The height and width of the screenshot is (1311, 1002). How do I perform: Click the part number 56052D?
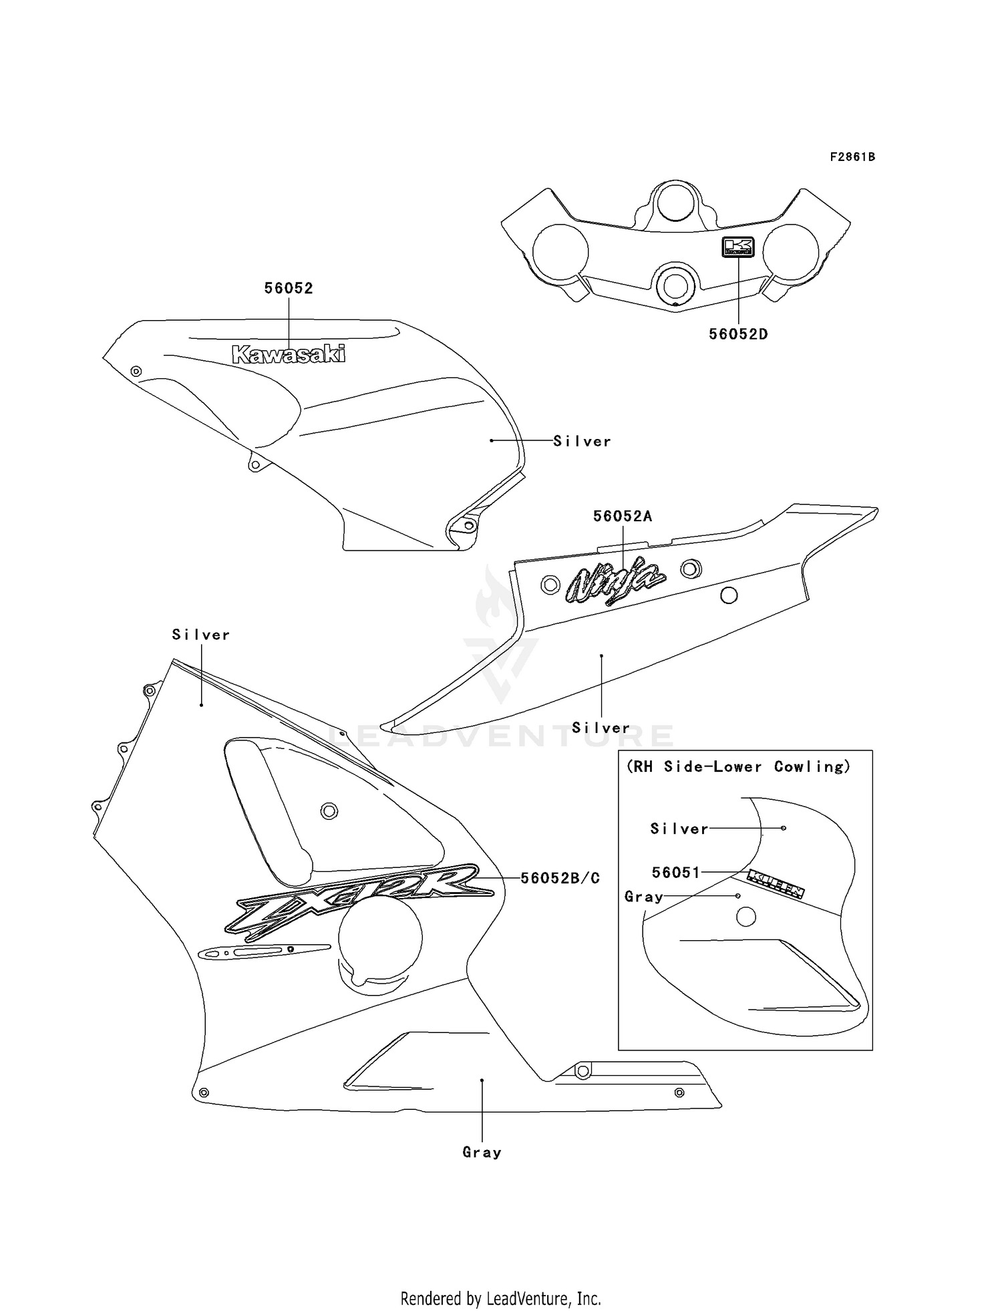738,334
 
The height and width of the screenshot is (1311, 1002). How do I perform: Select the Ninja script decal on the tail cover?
615,581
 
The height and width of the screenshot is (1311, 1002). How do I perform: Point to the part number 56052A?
623,517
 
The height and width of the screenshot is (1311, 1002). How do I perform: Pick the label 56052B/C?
560,878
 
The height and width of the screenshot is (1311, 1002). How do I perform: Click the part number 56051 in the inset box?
676,872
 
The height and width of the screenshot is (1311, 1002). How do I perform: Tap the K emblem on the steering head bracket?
738,247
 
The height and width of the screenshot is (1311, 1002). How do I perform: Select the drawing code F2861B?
852,157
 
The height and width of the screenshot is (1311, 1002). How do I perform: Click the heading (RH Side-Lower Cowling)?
738,767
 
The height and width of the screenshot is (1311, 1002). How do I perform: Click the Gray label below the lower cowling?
482,1152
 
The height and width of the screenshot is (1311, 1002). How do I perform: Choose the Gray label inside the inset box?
643,897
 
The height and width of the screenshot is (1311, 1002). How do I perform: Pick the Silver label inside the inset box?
679,829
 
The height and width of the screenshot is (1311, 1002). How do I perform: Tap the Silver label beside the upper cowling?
582,441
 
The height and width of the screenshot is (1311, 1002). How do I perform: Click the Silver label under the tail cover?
601,728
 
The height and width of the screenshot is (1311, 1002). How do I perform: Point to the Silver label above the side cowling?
200,635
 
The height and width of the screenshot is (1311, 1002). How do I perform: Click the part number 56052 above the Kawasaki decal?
289,289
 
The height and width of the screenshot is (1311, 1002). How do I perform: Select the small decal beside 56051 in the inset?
776,883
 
